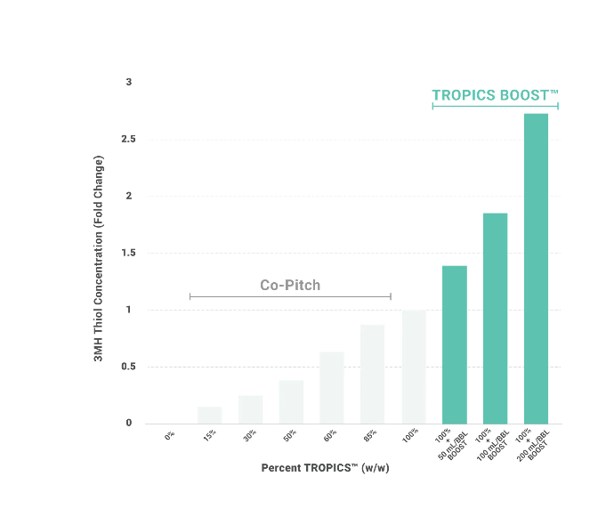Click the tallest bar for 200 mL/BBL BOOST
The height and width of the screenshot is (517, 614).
tap(536, 269)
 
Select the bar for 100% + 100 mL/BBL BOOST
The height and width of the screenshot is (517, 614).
tap(496, 319)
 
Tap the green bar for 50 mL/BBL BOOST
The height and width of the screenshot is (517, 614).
tap(455, 344)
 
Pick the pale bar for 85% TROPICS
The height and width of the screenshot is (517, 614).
tap(372, 374)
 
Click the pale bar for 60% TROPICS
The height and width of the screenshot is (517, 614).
tap(332, 388)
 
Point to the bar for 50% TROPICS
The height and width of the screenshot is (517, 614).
tap(291, 402)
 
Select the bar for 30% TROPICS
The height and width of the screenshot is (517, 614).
tap(251, 409)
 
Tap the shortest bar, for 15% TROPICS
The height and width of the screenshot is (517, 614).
tap(209, 416)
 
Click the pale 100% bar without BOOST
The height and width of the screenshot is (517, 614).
tap(414, 367)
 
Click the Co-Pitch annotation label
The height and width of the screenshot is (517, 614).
tap(290, 285)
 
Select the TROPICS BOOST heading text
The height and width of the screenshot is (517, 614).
tap(495, 95)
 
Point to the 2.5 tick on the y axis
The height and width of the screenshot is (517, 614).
tap(128, 139)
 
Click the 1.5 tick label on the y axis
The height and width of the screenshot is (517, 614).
tap(128, 253)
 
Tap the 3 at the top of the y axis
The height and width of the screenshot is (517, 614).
tap(129, 82)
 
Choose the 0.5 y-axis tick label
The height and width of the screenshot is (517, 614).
tap(128, 367)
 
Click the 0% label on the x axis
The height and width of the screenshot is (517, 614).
tap(170, 435)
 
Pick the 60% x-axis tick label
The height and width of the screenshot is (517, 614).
tap(330, 435)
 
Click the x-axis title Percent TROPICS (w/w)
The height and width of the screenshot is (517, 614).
tap(325, 468)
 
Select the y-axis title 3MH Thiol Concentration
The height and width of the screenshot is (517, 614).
tap(98, 258)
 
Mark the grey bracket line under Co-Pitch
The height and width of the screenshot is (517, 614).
tap(290, 296)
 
